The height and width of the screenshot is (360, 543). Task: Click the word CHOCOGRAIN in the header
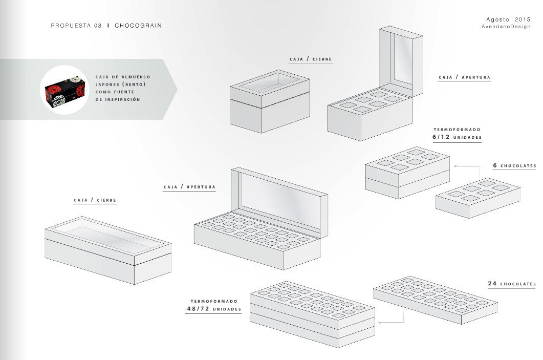click(138, 25)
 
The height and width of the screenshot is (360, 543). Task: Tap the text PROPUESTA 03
click(76, 25)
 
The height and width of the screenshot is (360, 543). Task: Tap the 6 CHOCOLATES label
click(514, 166)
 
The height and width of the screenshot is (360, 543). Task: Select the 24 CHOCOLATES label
click(512, 284)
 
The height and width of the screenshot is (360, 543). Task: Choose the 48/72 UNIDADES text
click(213, 309)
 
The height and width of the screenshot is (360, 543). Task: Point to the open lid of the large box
click(279, 200)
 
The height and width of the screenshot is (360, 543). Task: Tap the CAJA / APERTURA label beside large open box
click(189, 187)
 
